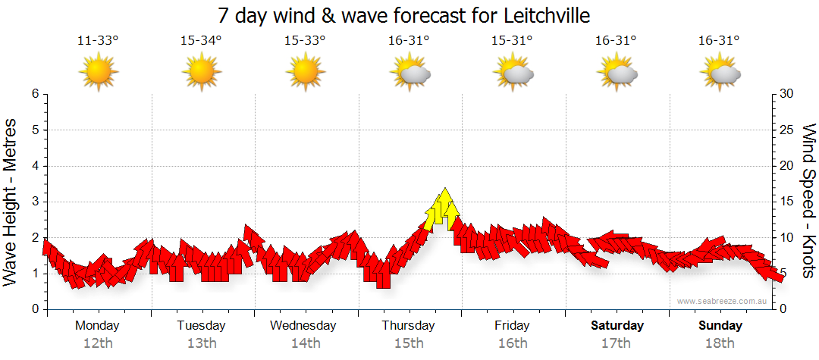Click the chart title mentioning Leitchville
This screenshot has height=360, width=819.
[x=403, y=15]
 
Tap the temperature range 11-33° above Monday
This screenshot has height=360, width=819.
[x=98, y=41]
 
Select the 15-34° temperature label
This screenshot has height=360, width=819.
[x=201, y=41]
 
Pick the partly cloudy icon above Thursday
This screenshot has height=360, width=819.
[x=409, y=73]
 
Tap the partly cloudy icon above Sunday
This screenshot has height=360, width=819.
[x=720, y=73]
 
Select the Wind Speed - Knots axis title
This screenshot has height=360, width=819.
[x=808, y=202]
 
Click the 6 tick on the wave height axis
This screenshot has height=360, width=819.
[x=35, y=94]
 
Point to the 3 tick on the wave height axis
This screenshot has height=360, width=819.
[x=35, y=202]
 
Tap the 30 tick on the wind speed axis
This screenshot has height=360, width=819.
[x=786, y=94]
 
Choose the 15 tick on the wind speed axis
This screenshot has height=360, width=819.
[x=786, y=202]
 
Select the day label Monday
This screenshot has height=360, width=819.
[x=97, y=326]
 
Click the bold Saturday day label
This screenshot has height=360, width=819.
[x=617, y=326]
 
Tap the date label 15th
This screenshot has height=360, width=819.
[x=409, y=343]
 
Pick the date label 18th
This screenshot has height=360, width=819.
[x=720, y=343]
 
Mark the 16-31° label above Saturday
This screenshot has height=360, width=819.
[x=616, y=41]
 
